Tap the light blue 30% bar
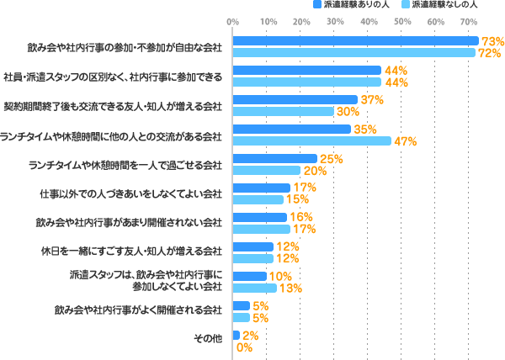[x=284, y=111]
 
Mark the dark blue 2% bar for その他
[x=237, y=335]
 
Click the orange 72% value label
[x=492, y=53]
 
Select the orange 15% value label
[x=296, y=199]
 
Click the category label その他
[x=209, y=341]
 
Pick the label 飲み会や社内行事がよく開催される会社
[x=139, y=311]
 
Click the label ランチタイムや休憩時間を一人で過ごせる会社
[x=125, y=164]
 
